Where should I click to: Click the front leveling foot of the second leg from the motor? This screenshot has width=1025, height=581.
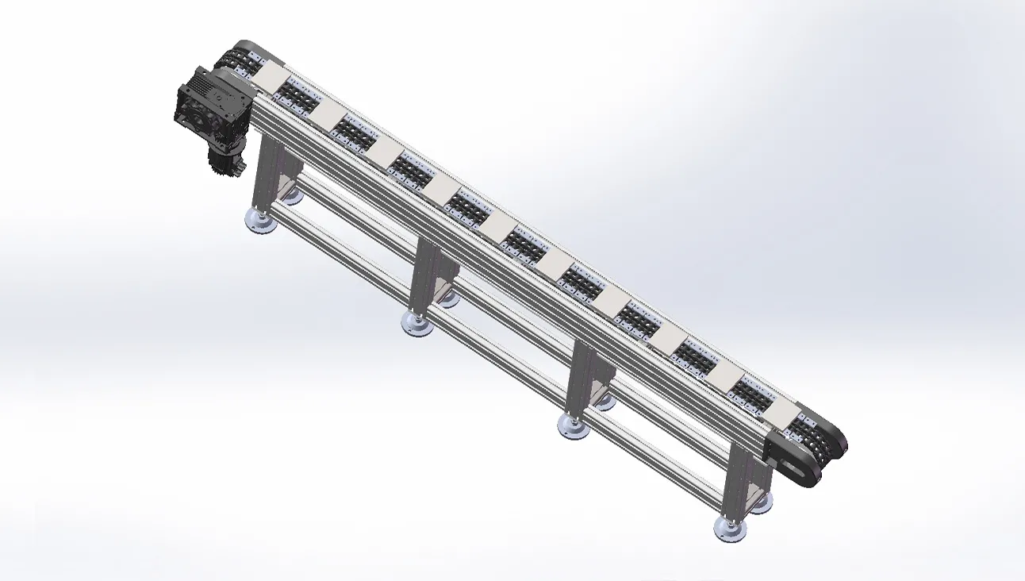(x=417, y=324)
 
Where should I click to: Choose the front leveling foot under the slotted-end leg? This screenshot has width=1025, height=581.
(x=729, y=529)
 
